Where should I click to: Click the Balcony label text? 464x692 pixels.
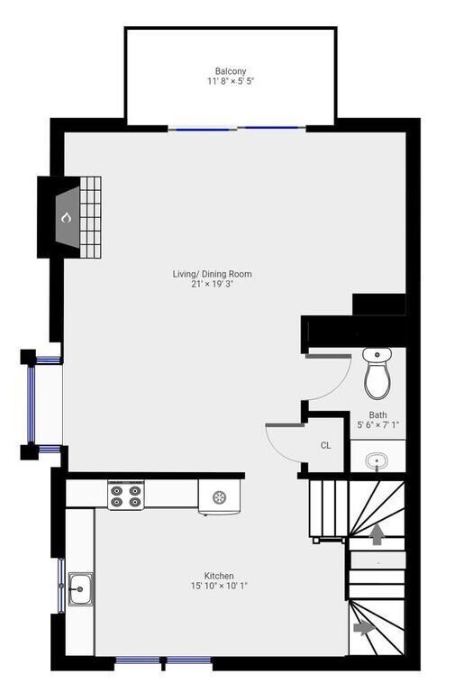pyautogui.click(x=231, y=71)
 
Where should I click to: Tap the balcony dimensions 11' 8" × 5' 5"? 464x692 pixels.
pyautogui.click(x=231, y=81)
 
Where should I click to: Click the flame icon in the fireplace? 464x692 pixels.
pyautogui.click(x=66, y=217)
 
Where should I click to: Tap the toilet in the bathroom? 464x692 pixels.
pyautogui.click(x=377, y=374)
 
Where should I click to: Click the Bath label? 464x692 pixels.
pyautogui.click(x=378, y=415)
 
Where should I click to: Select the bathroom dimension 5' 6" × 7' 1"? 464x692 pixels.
pyautogui.click(x=378, y=425)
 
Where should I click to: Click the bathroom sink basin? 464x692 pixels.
pyautogui.click(x=378, y=460)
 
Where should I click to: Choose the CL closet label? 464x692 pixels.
pyautogui.click(x=325, y=445)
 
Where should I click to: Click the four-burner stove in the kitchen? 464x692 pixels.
pyautogui.click(x=127, y=496)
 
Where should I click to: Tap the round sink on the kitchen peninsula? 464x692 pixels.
pyautogui.click(x=220, y=496)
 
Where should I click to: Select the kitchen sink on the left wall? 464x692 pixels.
pyautogui.click(x=80, y=590)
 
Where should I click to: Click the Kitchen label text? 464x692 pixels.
pyautogui.click(x=219, y=576)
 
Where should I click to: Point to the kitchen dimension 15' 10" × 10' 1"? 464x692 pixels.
pyautogui.click(x=219, y=586)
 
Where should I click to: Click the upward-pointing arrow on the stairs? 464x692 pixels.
pyautogui.click(x=377, y=535)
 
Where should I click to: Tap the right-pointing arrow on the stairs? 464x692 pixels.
pyautogui.click(x=364, y=626)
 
